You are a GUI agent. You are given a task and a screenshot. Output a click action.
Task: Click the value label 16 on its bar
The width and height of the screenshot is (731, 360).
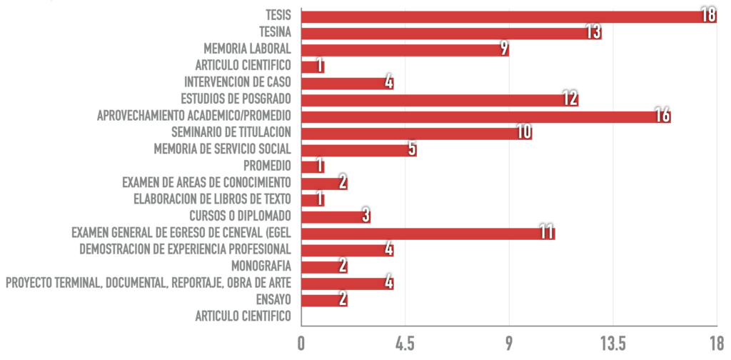pyautogui.click(x=662, y=116)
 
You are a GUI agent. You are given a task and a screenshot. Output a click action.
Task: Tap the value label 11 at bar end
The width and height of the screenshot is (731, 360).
pyautogui.click(x=546, y=233)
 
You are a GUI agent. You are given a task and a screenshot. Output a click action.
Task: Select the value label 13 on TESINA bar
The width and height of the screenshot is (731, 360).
pyautogui.click(x=593, y=32)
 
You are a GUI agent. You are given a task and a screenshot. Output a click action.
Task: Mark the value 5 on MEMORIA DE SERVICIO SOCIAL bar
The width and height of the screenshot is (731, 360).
pyautogui.click(x=411, y=149)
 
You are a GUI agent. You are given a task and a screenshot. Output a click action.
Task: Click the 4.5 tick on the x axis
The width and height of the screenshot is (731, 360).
pyautogui.click(x=405, y=343)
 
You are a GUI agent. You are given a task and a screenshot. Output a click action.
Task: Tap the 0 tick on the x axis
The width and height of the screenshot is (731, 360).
pyautogui.click(x=302, y=343)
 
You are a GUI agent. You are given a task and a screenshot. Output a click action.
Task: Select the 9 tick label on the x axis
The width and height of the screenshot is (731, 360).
pyautogui.click(x=509, y=343)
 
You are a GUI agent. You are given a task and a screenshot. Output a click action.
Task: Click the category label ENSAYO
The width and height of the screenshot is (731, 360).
pyautogui.click(x=272, y=299)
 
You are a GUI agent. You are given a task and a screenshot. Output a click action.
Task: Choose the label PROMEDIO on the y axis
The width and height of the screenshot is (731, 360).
pyautogui.click(x=267, y=166)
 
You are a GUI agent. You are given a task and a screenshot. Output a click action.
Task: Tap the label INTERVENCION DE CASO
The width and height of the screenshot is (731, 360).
pyautogui.click(x=237, y=82)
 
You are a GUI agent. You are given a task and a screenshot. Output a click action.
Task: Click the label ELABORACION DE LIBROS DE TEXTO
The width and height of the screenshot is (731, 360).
pyautogui.click(x=212, y=199)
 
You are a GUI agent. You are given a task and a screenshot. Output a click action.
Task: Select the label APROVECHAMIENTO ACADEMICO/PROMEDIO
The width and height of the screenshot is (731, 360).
pyautogui.click(x=194, y=116)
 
